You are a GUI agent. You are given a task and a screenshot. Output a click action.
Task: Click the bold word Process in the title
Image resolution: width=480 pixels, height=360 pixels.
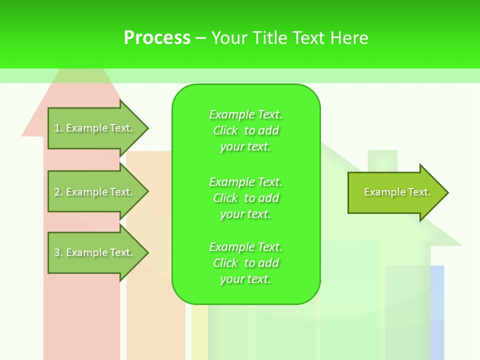pyautogui.click(x=157, y=38)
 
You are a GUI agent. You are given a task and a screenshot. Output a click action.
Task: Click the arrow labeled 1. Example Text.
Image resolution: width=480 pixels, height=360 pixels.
pyautogui.click(x=95, y=128)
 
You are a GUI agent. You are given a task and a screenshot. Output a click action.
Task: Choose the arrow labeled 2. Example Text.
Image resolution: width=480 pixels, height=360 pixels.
pyautogui.click(x=95, y=192)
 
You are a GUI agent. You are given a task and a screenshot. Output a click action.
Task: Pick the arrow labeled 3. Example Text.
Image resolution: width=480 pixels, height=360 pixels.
pyautogui.click(x=95, y=252)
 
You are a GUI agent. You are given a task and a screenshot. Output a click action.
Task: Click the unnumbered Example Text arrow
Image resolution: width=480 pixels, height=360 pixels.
pyautogui.click(x=395, y=192)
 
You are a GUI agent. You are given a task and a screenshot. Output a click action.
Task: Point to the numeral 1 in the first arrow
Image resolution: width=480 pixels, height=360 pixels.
pyautogui.click(x=57, y=128)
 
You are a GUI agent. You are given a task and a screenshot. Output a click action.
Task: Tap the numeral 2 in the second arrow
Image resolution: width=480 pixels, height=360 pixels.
pyautogui.click(x=57, y=192)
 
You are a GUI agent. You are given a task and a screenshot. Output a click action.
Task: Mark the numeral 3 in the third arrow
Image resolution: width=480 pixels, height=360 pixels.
pyautogui.click(x=57, y=252)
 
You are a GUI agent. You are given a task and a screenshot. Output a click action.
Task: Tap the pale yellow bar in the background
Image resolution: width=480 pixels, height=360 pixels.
pyautogui.click(x=199, y=335)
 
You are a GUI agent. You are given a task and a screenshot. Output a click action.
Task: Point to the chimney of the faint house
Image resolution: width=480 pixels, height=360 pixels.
pyautogui.click(x=382, y=160)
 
